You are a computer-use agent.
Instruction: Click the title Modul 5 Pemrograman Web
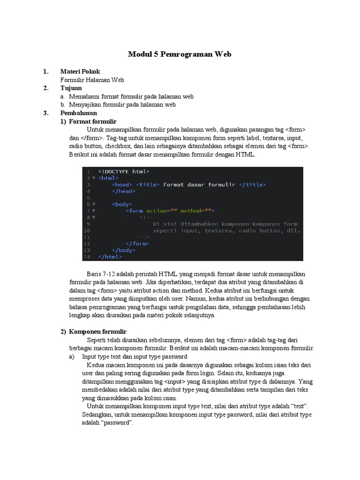180,54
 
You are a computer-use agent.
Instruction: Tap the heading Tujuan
71,88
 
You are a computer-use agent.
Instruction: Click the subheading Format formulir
92,121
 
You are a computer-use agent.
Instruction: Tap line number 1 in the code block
88,172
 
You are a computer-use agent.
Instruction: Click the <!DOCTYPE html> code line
124,172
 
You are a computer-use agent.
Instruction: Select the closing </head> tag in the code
124,191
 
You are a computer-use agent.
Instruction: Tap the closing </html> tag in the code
110,257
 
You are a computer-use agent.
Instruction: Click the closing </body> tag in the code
124,250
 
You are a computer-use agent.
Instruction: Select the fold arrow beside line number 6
94,204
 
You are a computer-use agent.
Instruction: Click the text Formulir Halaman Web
92,80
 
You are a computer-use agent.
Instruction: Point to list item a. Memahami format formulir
127,97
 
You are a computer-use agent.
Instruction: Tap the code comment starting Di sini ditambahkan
225,224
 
